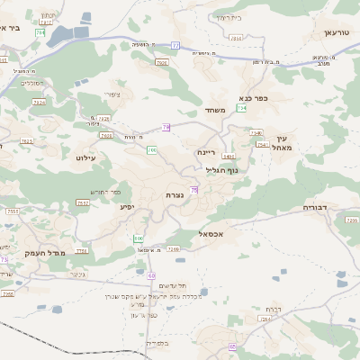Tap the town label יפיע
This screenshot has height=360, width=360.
pos(127,206)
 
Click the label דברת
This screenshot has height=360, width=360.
pos(265,309)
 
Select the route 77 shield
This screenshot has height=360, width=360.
pos(175,45)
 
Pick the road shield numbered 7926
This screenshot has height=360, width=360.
pos(162,62)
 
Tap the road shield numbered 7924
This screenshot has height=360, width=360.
pos(39,103)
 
